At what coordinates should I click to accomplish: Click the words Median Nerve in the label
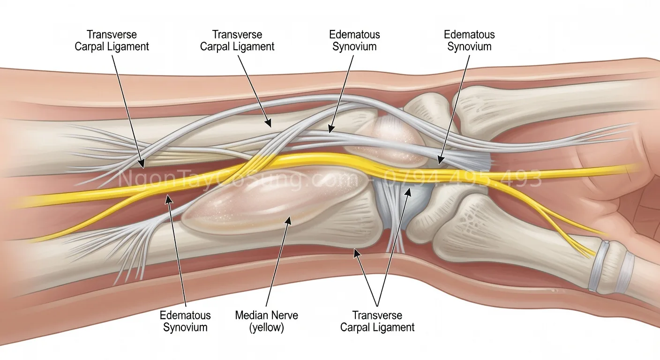pyautogui.click(x=266, y=315)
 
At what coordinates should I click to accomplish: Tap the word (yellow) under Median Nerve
pyautogui.click(x=266, y=327)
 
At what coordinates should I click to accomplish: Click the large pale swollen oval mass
pyautogui.click(x=272, y=197)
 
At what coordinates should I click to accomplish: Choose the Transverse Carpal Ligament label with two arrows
pyautogui.click(x=377, y=321)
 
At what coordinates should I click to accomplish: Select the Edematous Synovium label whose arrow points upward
pyautogui.click(x=185, y=321)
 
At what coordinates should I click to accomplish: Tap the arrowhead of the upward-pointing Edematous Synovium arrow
pyautogui.click(x=168, y=198)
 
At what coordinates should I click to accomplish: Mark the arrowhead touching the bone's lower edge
pyautogui.click(x=356, y=252)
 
